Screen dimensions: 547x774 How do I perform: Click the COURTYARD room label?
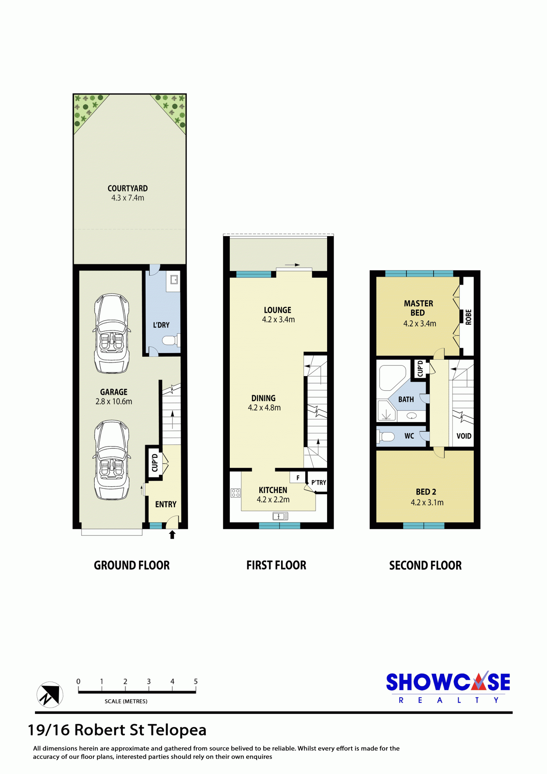point(128,188)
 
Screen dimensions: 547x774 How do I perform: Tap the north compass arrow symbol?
point(50,694)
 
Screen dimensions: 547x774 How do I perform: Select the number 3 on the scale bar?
point(149,681)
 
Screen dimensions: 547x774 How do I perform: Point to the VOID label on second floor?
point(464,436)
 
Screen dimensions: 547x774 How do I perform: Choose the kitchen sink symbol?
point(280,516)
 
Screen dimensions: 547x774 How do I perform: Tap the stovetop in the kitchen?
point(236,493)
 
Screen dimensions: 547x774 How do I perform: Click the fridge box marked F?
point(298,477)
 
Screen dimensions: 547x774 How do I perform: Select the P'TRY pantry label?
point(319,483)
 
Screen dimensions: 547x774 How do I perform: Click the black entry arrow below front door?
point(172,535)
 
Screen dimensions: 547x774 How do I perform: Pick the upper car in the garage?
point(112,333)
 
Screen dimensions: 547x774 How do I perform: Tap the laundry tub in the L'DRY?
point(174,280)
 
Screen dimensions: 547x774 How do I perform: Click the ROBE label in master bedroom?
point(469,317)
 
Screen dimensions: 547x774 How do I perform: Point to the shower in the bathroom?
point(386,411)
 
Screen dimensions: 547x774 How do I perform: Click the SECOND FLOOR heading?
point(425,565)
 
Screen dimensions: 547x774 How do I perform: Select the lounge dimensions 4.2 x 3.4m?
point(278,320)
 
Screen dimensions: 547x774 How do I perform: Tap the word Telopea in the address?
point(177,730)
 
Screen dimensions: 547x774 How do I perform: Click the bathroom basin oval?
point(412,415)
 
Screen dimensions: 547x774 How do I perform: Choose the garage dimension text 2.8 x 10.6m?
point(114,402)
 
